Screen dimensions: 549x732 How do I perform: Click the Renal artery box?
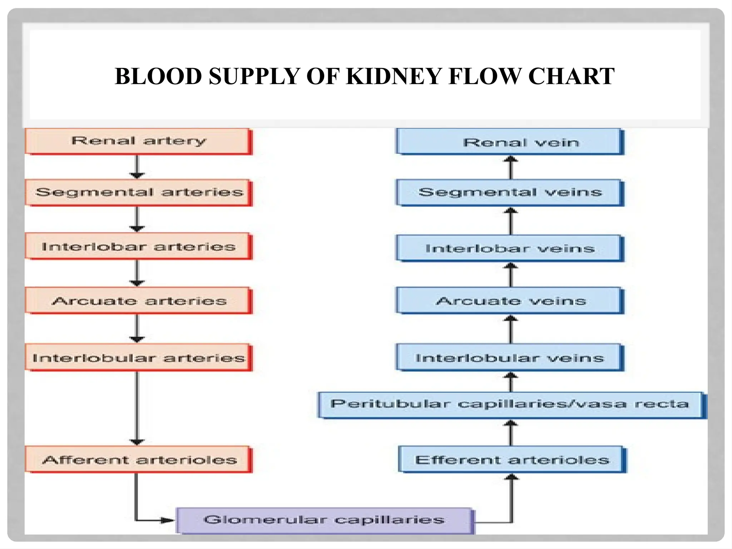coord(139,141)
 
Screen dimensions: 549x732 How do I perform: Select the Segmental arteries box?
coord(139,193)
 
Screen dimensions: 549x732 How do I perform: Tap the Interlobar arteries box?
coord(139,247)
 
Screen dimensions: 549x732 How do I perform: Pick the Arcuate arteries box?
coord(139,301)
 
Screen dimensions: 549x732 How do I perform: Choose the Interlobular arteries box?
coord(139,358)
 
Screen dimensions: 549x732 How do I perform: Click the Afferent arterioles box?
coord(139,460)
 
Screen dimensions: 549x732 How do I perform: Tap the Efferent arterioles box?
coord(512,460)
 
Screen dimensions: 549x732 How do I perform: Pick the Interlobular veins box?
coord(510,358)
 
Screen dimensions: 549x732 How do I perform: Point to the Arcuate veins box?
coord(510,301)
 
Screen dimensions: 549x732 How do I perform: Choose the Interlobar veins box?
coord(510,248)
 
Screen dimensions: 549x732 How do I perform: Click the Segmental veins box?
coord(510,193)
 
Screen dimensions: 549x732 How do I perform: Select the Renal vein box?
coord(510,142)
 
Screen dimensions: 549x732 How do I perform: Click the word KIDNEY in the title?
coord(394,76)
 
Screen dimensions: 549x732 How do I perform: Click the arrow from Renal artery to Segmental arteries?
coord(137,167)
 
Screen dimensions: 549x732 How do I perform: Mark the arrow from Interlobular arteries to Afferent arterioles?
coord(137,407)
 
